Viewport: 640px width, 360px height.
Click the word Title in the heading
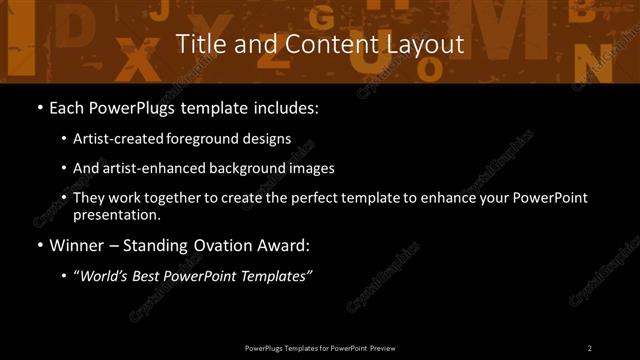[x=197, y=44]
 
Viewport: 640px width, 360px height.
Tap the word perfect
[x=316, y=198]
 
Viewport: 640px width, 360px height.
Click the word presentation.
[x=117, y=214]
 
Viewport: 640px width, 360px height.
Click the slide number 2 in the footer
[x=590, y=348]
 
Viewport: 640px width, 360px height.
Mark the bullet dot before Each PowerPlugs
[x=38, y=106]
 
